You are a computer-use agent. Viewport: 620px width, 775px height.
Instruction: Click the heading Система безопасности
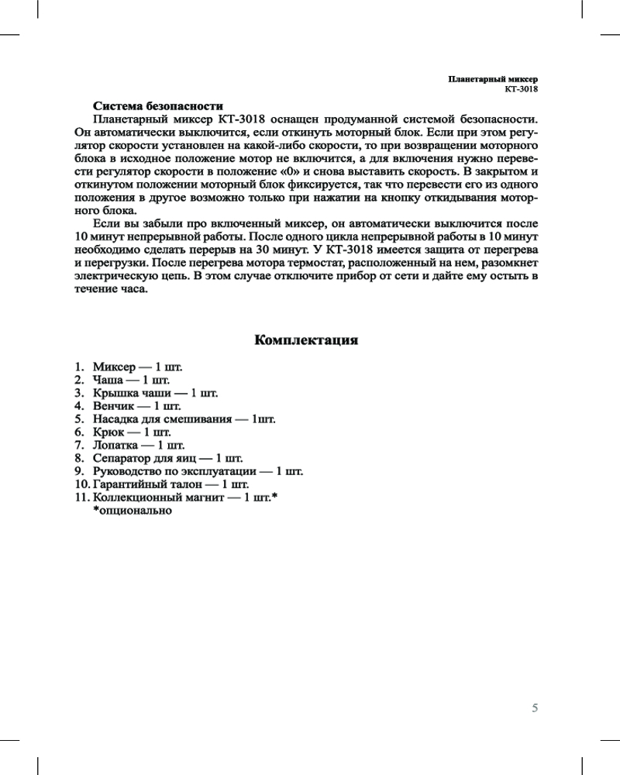pos(157,105)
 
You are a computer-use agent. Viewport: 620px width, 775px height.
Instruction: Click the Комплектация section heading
pos(306,340)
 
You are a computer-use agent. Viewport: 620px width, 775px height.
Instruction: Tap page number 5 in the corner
pos(535,708)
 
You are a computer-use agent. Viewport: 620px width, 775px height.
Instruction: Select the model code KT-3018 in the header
pos(521,88)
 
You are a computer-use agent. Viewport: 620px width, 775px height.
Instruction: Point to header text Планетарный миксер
pos(494,79)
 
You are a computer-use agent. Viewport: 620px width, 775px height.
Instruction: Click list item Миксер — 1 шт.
pos(136,367)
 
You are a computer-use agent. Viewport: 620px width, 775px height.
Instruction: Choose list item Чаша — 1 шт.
pos(130,380)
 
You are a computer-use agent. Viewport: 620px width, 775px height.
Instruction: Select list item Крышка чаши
pos(155,393)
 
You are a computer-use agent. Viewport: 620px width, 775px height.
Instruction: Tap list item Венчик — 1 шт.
pos(136,405)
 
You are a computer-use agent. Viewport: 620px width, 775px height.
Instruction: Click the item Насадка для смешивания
pos(184,419)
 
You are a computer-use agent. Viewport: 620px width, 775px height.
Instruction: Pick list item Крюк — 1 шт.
pos(132,432)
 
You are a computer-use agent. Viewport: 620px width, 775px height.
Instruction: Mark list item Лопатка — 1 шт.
pos(139,445)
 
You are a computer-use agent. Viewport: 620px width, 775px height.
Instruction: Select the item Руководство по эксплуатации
pos(198,471)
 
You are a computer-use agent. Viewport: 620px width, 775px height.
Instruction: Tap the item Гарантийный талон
pos(170,484)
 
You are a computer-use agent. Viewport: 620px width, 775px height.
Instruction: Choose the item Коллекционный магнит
pos(185,498)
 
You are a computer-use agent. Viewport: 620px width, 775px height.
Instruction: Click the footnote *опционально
pos(131,511)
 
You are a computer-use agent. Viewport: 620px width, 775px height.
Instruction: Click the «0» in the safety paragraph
pos(286,170)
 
